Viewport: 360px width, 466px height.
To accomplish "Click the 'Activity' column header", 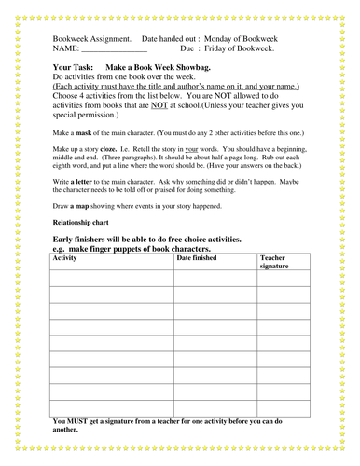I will point(65,256).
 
